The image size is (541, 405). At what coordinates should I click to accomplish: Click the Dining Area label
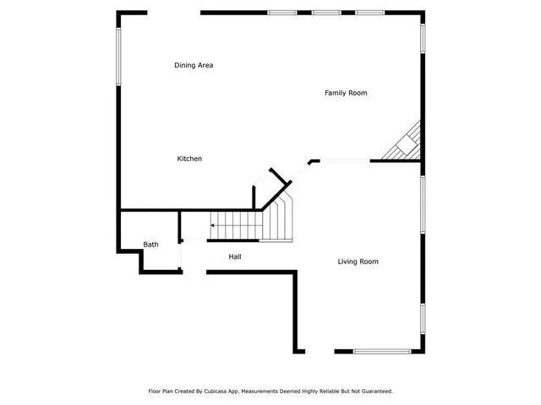click(x=193, y=65)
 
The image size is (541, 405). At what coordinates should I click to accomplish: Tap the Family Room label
click(x=346, y=93)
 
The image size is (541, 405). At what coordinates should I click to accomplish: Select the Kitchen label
click(x=189, y=159)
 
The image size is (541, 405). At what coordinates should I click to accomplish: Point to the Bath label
click(x=150, y=245)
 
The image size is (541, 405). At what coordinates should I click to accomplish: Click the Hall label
click(x=235, y=256)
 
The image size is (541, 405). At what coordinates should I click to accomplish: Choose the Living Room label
click(x=358, y=262)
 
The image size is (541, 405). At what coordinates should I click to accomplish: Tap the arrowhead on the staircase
click(x=212, y=226)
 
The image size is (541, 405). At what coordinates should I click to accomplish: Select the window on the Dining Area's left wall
click(x=118, y=57)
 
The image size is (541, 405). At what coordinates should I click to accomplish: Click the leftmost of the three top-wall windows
click(x=281, y=13)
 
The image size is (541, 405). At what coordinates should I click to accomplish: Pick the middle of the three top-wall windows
click(x=325, y=13)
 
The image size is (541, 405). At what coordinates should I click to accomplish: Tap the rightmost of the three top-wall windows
click(x=369, y=13)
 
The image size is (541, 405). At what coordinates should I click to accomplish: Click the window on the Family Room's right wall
click(x=423, y=38)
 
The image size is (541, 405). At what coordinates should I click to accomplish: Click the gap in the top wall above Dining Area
click(x=173, y=13)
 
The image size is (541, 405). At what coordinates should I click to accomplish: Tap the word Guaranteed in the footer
click(x=375, y=391)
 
